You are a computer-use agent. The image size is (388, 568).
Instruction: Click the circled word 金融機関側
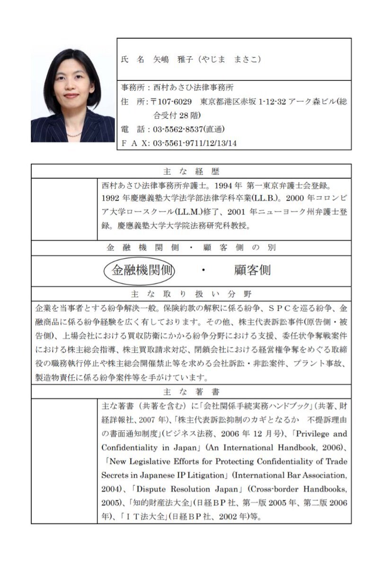pos(140,270)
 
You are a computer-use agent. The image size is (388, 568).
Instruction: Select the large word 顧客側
pos(252,270)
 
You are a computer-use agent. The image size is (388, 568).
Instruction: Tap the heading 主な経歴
pos(191,171)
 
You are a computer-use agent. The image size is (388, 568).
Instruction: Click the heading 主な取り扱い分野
pos(191,293)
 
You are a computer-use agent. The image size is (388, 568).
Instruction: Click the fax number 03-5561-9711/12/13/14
pos(194,142)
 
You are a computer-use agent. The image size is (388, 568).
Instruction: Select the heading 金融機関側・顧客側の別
pos(191,248)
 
